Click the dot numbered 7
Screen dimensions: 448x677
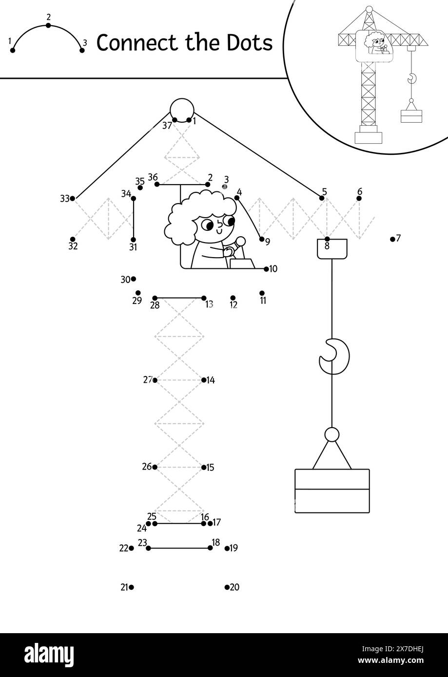[392, 239]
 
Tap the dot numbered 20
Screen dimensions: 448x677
[227, 587]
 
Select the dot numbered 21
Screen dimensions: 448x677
[131, 587]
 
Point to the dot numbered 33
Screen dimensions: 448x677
[72, 198]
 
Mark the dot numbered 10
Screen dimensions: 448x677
[266, 269]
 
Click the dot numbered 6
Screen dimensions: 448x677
[359, 198]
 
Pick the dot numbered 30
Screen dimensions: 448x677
[133, 279]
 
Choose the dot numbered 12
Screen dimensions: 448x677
[233, 298]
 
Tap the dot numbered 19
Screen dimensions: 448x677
[227, 548]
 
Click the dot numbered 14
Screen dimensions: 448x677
[204, 380]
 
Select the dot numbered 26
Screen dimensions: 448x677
[155, 467]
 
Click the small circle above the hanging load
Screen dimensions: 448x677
[332, 434]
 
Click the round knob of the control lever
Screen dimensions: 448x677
[241, 241]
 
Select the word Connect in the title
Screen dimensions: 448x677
[136, 42]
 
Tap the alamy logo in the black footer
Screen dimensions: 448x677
[49, 654]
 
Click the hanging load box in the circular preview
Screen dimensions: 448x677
[411, 116]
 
